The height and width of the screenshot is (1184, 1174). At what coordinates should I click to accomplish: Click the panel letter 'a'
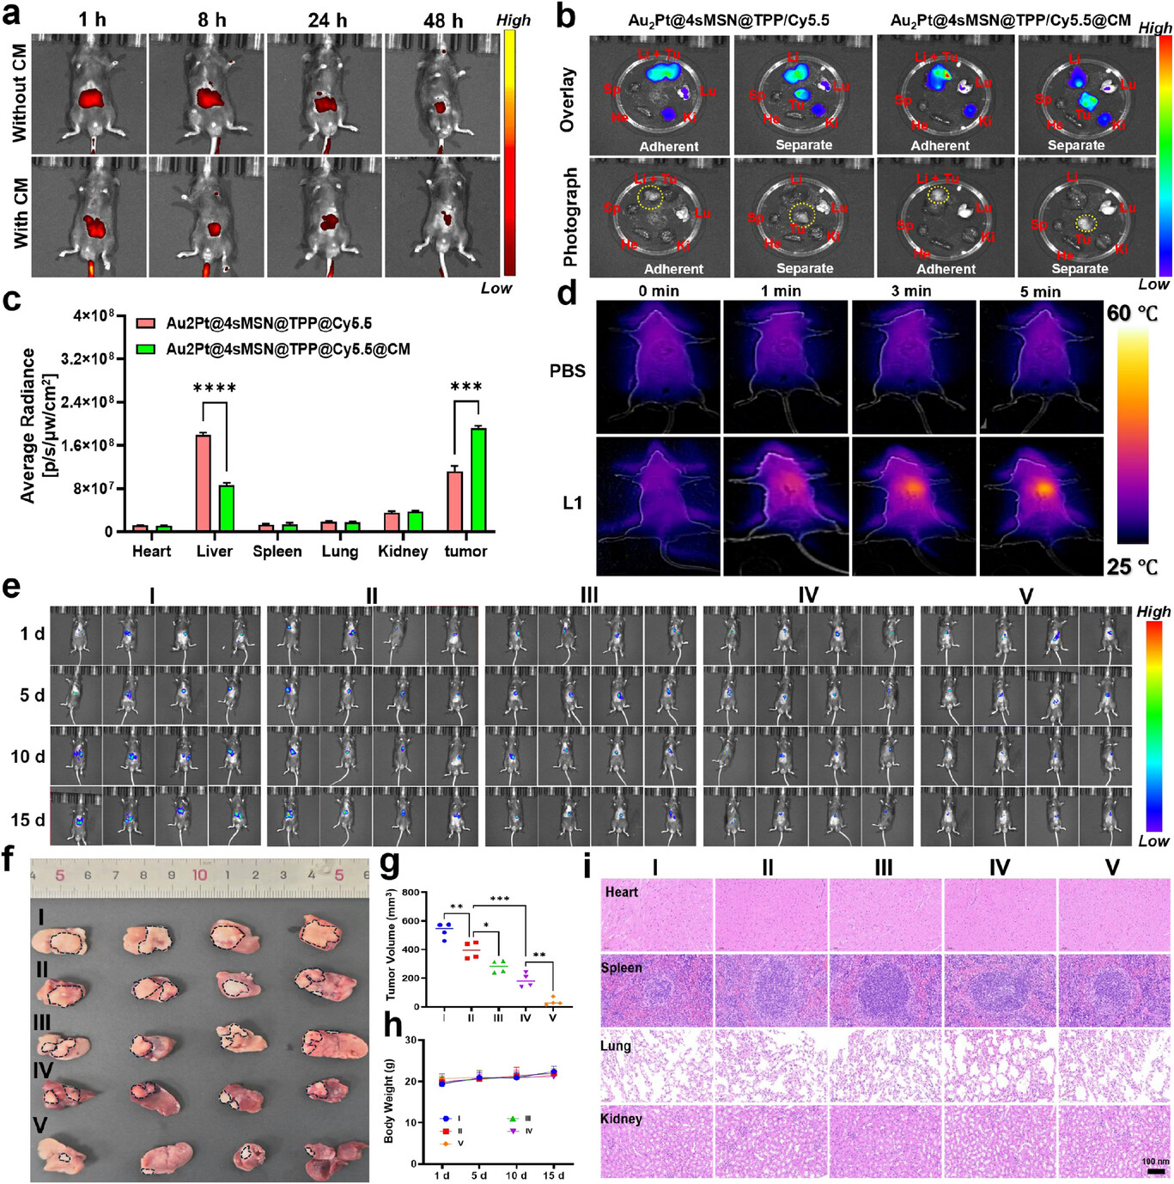point(11,16)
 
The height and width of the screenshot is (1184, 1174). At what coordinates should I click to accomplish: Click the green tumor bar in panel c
point(478,479)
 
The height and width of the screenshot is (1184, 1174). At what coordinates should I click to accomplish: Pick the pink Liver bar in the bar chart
point(203,483)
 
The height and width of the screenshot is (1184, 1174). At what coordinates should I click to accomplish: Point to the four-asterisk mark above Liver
point(215,388)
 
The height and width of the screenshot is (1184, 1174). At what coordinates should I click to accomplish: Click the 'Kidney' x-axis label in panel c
point(403,552)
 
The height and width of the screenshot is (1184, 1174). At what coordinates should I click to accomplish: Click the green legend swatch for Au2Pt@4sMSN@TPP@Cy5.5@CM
point(145,350)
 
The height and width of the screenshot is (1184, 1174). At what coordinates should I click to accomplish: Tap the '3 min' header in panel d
point(911,291)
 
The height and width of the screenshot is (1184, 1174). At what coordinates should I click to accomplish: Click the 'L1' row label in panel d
point(573,503)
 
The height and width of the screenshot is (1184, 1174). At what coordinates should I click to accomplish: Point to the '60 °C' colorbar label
point(1132,314)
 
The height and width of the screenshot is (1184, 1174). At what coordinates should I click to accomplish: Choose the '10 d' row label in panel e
point(27,757)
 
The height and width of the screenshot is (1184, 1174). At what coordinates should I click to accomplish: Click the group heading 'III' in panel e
point(589,595)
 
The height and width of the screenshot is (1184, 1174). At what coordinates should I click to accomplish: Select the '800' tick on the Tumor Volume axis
point(411,893)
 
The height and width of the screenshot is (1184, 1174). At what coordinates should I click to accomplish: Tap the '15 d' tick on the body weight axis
point(553,1175)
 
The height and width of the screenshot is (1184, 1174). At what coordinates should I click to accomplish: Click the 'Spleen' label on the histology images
point(622,968)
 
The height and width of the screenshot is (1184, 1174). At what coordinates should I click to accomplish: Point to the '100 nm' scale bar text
point(1155,1162)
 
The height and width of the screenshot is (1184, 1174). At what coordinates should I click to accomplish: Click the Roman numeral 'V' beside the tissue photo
point(40,1125)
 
